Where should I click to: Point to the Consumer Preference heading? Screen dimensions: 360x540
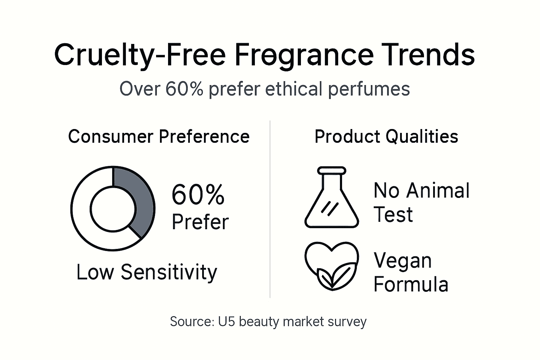159,136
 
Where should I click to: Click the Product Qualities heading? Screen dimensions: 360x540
386,136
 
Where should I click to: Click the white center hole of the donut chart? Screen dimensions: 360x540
112,209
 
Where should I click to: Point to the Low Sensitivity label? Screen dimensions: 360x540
147,272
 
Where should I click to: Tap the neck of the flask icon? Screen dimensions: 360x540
332,179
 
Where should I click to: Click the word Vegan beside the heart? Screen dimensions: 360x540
403,261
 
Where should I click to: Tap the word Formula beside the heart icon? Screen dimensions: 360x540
411,284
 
